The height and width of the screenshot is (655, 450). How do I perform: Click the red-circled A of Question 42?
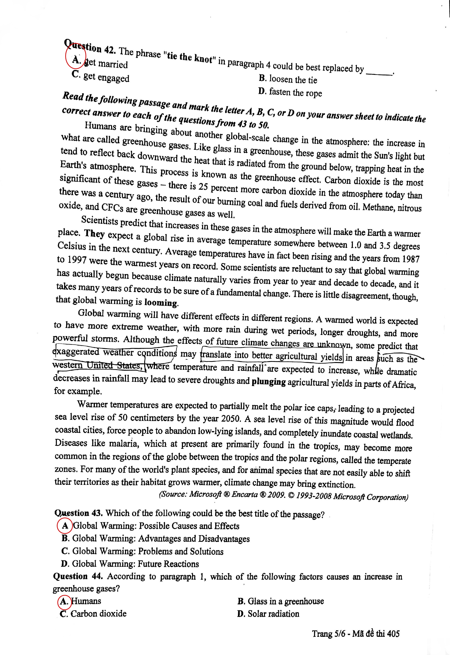[x=76, y=59]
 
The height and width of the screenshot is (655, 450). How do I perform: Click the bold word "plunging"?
[x=268, y=382]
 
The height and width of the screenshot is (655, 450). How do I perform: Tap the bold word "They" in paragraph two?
[x=94, y=234]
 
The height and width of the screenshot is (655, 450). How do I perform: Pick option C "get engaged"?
[x=101, y=77]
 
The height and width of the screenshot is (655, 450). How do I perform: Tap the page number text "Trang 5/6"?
[x=328, y=634]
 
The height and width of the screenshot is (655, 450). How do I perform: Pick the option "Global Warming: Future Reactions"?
[x=130, y=564]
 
